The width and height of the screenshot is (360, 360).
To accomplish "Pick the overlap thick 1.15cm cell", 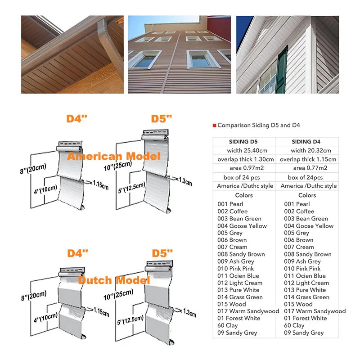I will click(308, 159).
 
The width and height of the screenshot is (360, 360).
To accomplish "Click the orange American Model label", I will click(113, 157).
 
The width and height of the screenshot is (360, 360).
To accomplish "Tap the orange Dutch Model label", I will click(114, 280).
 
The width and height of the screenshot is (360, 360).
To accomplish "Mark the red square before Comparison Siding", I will click(214, 126).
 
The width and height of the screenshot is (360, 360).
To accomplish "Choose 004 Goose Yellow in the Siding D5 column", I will click(242, 226).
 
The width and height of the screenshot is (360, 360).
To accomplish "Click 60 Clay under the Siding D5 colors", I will click(227, 325).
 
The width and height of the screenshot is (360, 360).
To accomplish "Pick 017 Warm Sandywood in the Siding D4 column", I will click(315, 311).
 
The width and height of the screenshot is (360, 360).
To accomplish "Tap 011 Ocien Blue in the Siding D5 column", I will click(238, 275).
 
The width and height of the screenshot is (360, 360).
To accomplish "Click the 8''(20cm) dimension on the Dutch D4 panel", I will click(34, 295).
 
